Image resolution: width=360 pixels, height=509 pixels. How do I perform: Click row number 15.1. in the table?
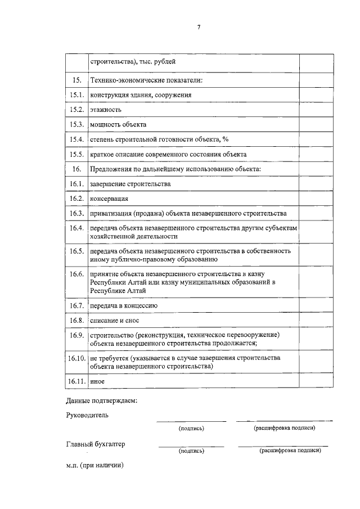tap(76, 95)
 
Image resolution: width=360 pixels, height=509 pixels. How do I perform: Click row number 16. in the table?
tap(76, 169)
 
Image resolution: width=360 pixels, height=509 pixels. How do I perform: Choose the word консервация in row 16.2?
tap(109, 199)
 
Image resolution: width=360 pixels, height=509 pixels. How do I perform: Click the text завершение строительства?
tap(130, 184)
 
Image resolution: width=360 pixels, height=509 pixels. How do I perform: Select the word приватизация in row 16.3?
tap(110, 214)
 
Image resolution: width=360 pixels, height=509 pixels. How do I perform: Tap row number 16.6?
tap(76, 274)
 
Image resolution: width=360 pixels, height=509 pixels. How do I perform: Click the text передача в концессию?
tap(123, 305)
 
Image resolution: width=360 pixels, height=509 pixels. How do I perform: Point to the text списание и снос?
tap(114, 320)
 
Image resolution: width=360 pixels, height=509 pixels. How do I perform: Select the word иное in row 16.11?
tap(97, 381)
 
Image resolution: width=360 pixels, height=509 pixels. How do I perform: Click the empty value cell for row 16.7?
tap(315, 305)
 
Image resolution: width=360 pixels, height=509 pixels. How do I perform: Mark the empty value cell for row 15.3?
tap(315, 124)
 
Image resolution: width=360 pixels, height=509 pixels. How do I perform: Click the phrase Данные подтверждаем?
tap(101, 401)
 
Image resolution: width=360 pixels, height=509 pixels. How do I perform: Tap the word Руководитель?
tap(87, 416)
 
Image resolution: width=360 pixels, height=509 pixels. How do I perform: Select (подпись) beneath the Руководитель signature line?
tap(191, 428)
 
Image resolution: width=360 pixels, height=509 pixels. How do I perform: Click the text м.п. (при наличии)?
tap(94, 466)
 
